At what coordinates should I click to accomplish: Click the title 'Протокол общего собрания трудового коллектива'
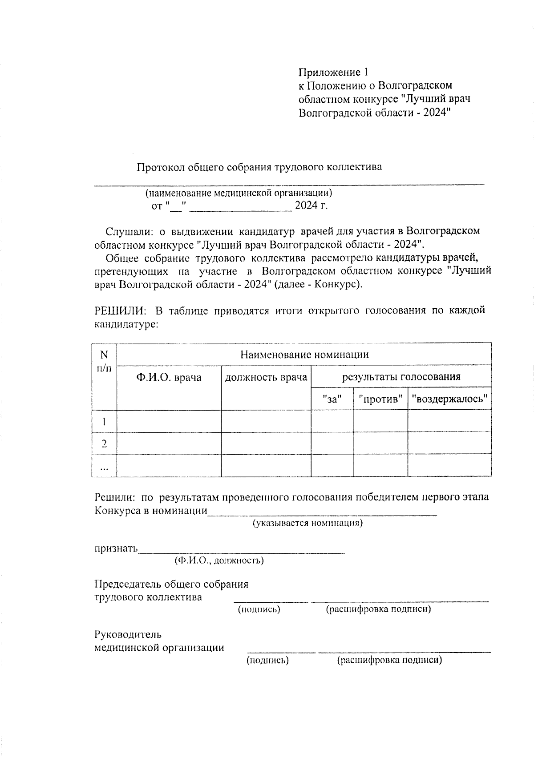click(x=259, y=167)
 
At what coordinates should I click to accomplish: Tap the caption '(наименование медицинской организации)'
click(x=239, y=193)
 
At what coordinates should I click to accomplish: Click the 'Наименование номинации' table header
click(x=304, y=355)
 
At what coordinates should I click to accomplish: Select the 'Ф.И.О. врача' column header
click(x=169, y=378)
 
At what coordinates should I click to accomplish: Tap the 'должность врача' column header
click(x=266, y=378)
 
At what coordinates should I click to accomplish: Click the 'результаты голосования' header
click(x=401, y=377)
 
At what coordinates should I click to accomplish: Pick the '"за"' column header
click(x=332, y=399)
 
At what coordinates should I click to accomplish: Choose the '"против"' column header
click(x=380, y=399)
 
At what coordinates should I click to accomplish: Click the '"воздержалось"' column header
click(x=449, y=399)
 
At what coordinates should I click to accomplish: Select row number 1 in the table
click(x=104, y=422)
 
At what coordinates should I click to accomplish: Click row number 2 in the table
click(x=104, y=444)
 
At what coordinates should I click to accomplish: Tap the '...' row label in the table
click(x=104, y=467)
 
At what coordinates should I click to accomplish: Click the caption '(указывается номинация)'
click(x=307, y=523)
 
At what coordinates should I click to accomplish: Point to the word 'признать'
click(x=116, y=548)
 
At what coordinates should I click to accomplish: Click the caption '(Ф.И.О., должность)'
click(x=219, y=560)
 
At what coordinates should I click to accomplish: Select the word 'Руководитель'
click(x=128, y=635)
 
